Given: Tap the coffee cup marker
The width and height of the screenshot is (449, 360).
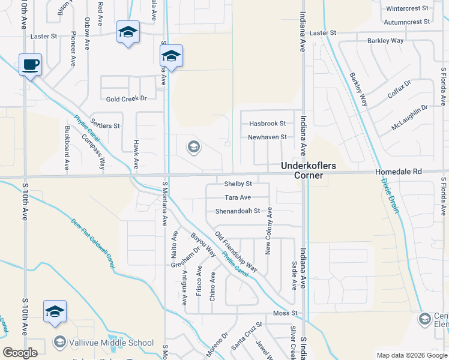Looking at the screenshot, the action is [29, 65].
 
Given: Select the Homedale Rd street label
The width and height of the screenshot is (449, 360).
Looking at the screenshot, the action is [399, 172].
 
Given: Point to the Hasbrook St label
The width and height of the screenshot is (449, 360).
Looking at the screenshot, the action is [267, 124].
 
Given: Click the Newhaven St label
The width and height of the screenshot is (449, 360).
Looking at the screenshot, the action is [267, 137].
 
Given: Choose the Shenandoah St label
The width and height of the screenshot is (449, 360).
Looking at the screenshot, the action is [238, 211].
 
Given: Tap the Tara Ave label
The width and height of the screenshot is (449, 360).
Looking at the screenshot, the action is [238, 197].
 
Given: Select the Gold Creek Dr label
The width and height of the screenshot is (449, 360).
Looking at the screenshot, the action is [126, 98].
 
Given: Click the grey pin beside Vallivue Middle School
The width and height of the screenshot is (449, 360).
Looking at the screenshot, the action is [59, 343].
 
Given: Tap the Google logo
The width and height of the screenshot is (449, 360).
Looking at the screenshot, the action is [20, 353].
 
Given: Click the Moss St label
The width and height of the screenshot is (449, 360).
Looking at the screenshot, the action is [285, 313].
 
